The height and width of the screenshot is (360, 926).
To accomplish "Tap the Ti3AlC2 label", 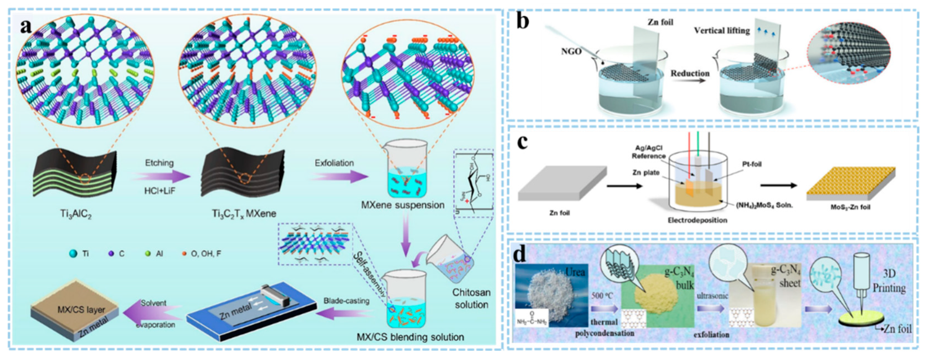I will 76,215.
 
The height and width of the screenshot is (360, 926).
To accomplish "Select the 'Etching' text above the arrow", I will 159,163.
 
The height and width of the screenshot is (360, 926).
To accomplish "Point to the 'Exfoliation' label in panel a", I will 334,163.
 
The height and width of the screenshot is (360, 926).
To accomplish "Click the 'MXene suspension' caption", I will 403,205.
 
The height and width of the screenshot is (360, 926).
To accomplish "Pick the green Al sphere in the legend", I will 147,254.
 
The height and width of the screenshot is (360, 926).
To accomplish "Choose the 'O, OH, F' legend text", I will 206,254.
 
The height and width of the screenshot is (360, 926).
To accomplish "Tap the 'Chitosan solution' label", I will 471,298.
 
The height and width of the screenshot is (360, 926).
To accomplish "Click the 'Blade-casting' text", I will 346,301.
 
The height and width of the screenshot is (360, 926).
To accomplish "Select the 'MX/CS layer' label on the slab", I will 81,309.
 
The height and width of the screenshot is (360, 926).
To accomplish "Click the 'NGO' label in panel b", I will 571,52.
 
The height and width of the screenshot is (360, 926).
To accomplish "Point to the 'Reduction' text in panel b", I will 690,73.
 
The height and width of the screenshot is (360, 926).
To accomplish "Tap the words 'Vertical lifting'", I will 722,30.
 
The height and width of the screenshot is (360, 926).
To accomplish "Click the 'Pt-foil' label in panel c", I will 752,164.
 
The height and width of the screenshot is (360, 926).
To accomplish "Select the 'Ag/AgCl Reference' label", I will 649,152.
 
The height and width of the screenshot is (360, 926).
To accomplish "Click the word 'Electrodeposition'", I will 697,220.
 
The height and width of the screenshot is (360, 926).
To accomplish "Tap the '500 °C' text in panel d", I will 602,296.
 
